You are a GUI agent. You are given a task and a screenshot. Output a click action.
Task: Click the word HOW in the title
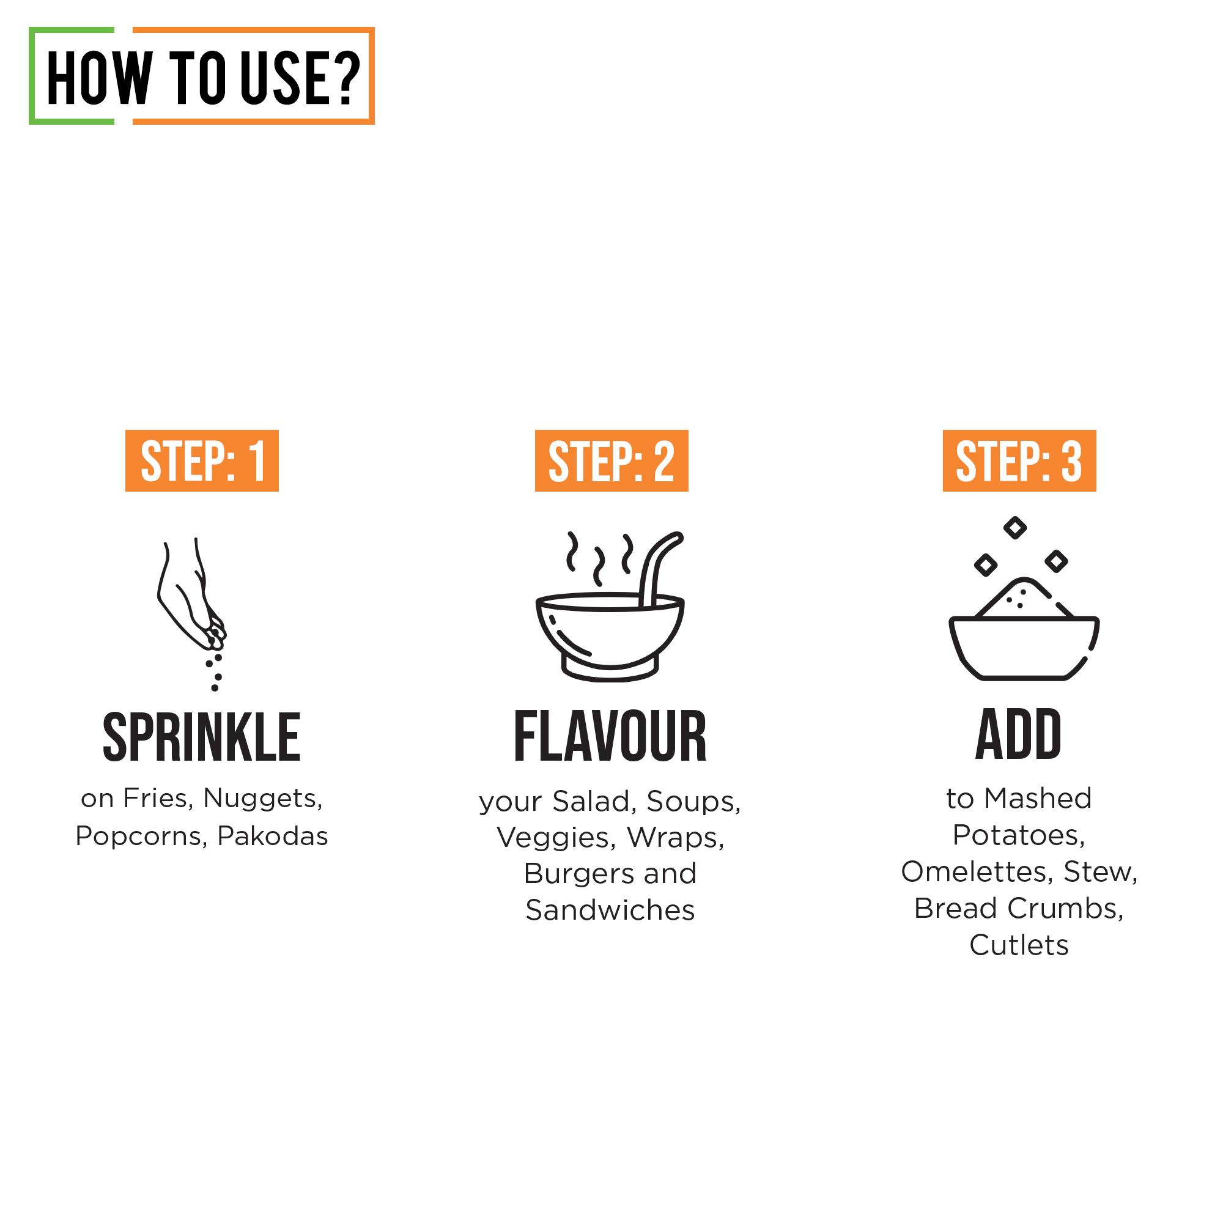(x=100, y=78)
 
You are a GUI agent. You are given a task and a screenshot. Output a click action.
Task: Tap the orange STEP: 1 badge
(x=202, y=461)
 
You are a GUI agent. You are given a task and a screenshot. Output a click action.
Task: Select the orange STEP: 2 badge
(x=611, y=461)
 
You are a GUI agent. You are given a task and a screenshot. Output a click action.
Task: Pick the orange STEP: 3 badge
(x=1019, y=461)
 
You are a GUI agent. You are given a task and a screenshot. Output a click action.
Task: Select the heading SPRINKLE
(x=201, y=737)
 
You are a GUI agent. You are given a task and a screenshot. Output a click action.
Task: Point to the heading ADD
(x=1019, y=735)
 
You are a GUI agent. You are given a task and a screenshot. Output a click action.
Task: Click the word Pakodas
(x=272, y=836)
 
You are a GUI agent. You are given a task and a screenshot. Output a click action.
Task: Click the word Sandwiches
(x=610, y=911)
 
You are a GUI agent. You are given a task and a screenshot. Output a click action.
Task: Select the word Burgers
(x=574, y=874)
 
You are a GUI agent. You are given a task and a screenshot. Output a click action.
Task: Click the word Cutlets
(x=1019, y=945)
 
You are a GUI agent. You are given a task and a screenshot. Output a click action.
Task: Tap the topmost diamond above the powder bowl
(x=1015, y=527)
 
